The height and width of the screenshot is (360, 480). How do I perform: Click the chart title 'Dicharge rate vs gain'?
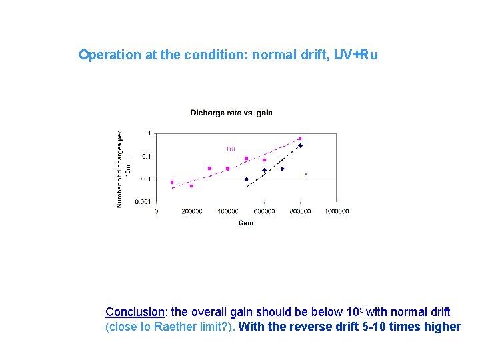(231, 113)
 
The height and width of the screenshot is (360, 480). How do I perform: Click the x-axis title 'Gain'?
(246, 223)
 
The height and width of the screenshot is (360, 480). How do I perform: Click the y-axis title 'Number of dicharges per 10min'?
(123, 168)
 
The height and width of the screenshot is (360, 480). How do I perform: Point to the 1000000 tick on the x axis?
(337, 211)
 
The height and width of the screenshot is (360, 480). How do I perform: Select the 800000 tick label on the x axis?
(300, 211)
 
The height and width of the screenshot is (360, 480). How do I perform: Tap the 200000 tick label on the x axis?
(192, 211)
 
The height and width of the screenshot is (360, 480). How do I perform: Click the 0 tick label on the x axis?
(156, 211)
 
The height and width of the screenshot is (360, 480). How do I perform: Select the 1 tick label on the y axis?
(149, 133)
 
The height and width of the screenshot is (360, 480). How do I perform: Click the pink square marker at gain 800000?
(300, 139)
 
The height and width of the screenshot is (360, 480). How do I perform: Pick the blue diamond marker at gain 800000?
(300, 145)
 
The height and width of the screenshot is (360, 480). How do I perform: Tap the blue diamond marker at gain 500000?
(246, 179)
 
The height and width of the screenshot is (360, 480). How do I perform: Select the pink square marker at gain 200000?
(192, 186)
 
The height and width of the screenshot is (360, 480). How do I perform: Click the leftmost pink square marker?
(172, 182)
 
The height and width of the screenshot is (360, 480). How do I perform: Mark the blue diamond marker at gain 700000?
(282, 169)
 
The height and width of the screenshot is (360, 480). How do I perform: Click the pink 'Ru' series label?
(231, 148)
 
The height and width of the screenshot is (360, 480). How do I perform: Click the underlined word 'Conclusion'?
(135, 312)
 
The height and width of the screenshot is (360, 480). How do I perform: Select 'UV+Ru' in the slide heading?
(356, 55)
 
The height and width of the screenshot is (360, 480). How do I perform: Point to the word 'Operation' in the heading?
(109, 55)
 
